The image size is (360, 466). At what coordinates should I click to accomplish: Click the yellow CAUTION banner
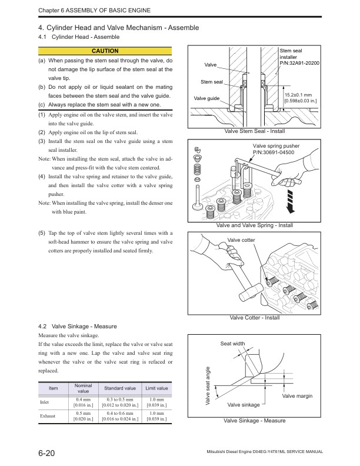click(105, 51)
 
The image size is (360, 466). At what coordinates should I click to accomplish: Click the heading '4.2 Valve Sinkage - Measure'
click(76, 326)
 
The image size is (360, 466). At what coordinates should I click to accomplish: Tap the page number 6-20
click(47, 452)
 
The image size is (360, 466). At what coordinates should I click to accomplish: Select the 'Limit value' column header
click(157, 388)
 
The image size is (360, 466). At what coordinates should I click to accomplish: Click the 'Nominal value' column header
click(84, 388)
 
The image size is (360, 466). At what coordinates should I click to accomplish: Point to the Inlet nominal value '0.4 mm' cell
click(84, 402)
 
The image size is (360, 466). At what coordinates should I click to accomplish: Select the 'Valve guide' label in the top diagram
click(206, 98)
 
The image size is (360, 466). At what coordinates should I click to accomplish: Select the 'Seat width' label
click(232, 344)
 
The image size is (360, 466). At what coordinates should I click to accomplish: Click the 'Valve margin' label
click(297, 396)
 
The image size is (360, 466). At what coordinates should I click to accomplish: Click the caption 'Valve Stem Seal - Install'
click(255, 131)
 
